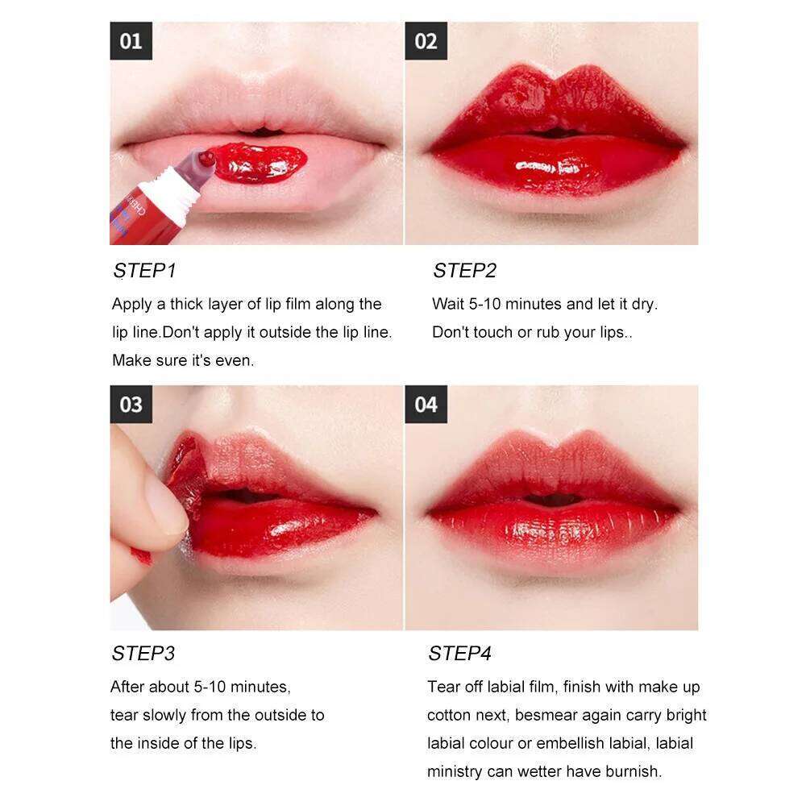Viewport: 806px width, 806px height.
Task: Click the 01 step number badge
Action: click(131, 41)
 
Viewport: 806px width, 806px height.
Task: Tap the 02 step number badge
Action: click(426, 41)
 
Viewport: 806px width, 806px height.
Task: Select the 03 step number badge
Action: click(131, 404)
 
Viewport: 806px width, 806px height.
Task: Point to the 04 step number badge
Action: click(426, 404)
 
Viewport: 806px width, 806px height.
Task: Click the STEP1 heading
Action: click(144, 271)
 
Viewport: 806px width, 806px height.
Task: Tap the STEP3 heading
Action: click(143, 653)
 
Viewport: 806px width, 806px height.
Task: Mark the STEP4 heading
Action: click(459, 653)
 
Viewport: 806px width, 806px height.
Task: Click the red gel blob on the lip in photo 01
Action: click(258, 161)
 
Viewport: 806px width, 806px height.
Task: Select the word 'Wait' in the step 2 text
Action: click(448, 304)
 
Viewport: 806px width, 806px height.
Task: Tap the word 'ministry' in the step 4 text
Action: click(455, 771)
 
